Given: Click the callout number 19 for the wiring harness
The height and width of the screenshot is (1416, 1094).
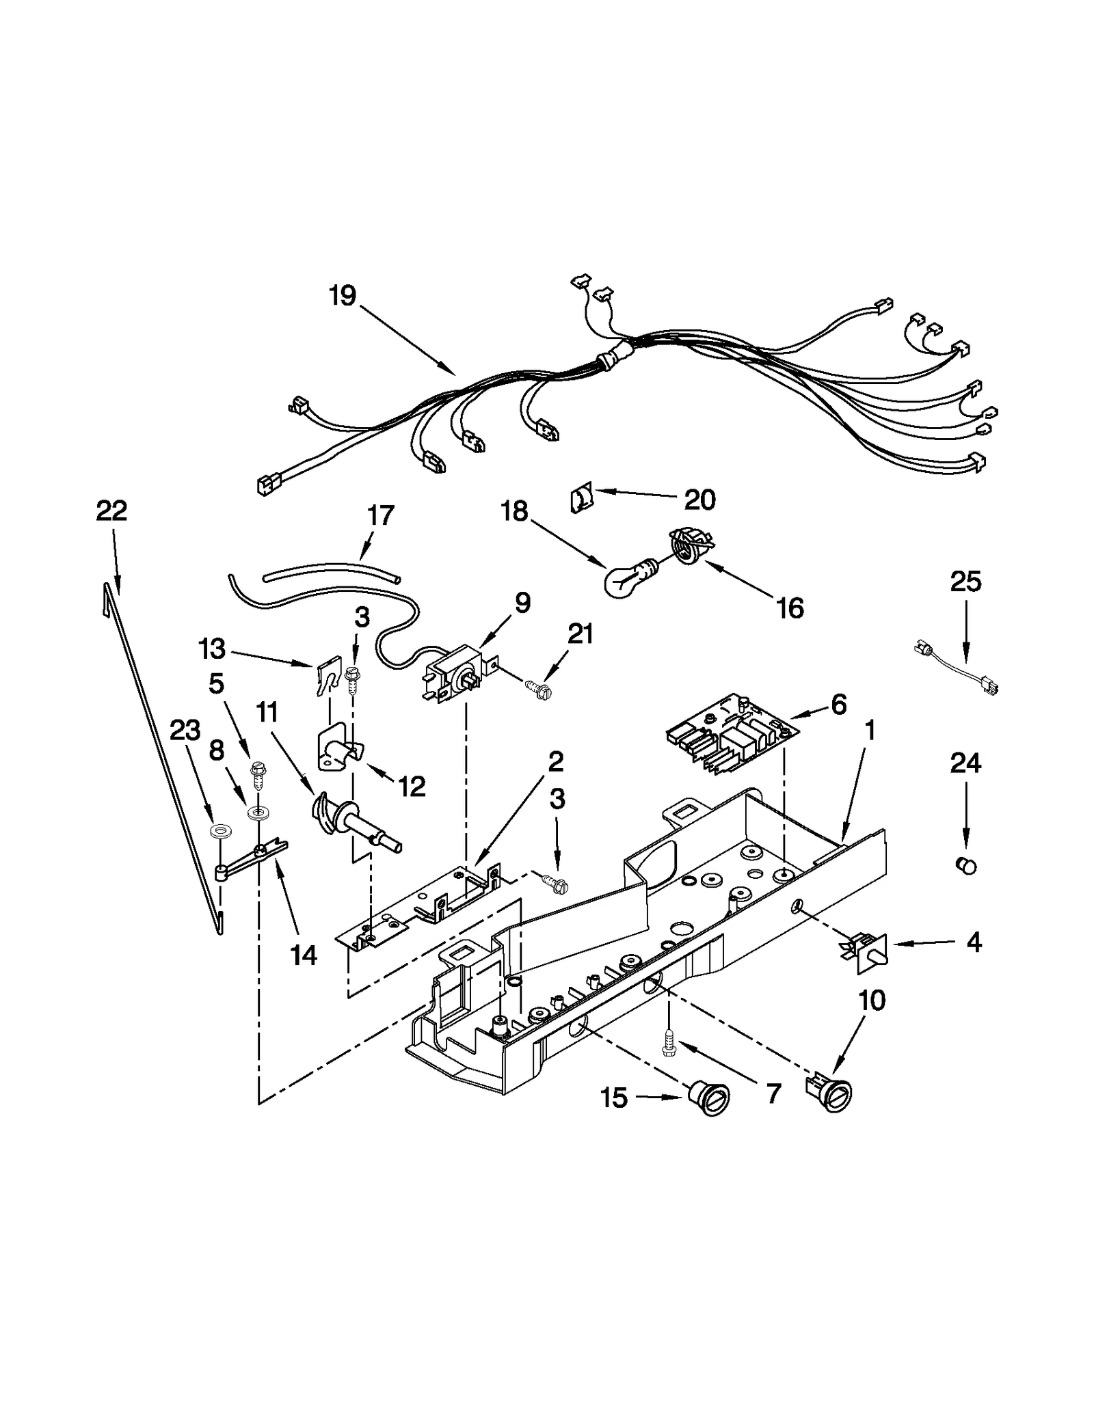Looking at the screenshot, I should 342,296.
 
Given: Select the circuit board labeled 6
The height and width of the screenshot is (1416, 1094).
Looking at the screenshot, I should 730,741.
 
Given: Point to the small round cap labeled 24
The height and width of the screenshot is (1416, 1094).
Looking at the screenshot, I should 965,865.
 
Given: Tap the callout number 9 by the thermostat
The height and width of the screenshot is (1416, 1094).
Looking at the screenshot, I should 522,603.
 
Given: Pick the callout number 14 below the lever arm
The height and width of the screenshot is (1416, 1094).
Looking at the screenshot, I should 304,954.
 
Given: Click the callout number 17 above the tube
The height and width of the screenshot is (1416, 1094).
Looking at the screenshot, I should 381,515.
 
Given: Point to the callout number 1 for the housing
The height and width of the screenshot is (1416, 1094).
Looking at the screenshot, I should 869,731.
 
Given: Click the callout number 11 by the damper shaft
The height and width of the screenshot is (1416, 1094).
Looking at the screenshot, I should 267,713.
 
